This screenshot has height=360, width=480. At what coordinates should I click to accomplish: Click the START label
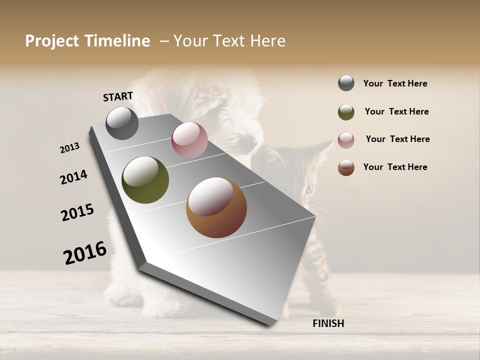pos(118,96)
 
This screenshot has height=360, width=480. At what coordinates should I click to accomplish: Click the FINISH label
pos(328,323)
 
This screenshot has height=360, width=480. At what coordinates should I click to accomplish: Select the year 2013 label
pos(70,148)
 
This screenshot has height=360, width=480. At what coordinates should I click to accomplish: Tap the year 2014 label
pos(74,177)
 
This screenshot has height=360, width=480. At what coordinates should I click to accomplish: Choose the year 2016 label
pos(85,252)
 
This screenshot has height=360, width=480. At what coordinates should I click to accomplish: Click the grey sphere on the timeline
pos(122,123)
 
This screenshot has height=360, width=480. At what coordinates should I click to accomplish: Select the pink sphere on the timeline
pos(189,140)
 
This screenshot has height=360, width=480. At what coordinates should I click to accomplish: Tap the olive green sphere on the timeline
pos(145,180)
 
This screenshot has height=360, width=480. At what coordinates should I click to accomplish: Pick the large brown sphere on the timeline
pos(216,207)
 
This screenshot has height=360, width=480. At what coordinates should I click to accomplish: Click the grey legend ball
pos(346,83)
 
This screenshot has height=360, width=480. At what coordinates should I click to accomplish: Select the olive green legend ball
pos(346,112)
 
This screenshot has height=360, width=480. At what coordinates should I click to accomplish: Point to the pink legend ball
pos(346,140)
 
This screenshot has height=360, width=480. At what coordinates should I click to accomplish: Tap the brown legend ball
pos(346,167)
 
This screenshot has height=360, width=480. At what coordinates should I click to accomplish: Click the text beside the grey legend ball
pos(395,83)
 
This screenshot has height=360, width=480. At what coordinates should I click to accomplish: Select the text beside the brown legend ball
pos(395,167)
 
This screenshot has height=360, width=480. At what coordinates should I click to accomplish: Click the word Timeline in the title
pos(117,41)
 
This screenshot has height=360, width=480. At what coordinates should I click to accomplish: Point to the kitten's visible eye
pos(309,189)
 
